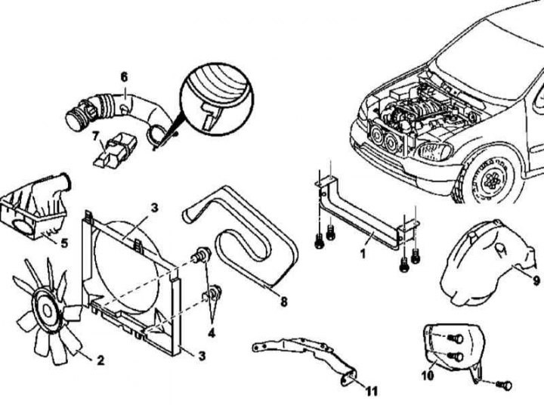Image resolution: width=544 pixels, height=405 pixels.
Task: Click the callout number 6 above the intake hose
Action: pos(124,77)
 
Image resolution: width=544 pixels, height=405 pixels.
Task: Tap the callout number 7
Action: pos(96,136)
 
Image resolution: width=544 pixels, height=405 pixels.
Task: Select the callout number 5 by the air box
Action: pos(64,243)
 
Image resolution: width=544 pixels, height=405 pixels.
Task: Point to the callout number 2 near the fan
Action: pos(100,360)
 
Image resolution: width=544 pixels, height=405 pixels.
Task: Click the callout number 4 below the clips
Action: pos(212,333)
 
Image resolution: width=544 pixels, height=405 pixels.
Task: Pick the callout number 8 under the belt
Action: pos(284,302)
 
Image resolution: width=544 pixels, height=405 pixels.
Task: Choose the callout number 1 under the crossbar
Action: pos(363,255)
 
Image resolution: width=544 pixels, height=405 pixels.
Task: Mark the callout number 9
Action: pos(536,280)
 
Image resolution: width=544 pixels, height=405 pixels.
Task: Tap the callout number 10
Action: pos(428,376)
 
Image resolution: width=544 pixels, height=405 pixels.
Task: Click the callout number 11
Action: pos(371,391)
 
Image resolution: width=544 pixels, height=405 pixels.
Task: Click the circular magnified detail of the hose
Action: pos(217,99)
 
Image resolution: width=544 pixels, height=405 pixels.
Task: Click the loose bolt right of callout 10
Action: pos(505,385)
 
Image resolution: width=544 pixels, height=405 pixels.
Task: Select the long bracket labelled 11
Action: pos(305,357)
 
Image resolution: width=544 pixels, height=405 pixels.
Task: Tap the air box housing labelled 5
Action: pos(35,209)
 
